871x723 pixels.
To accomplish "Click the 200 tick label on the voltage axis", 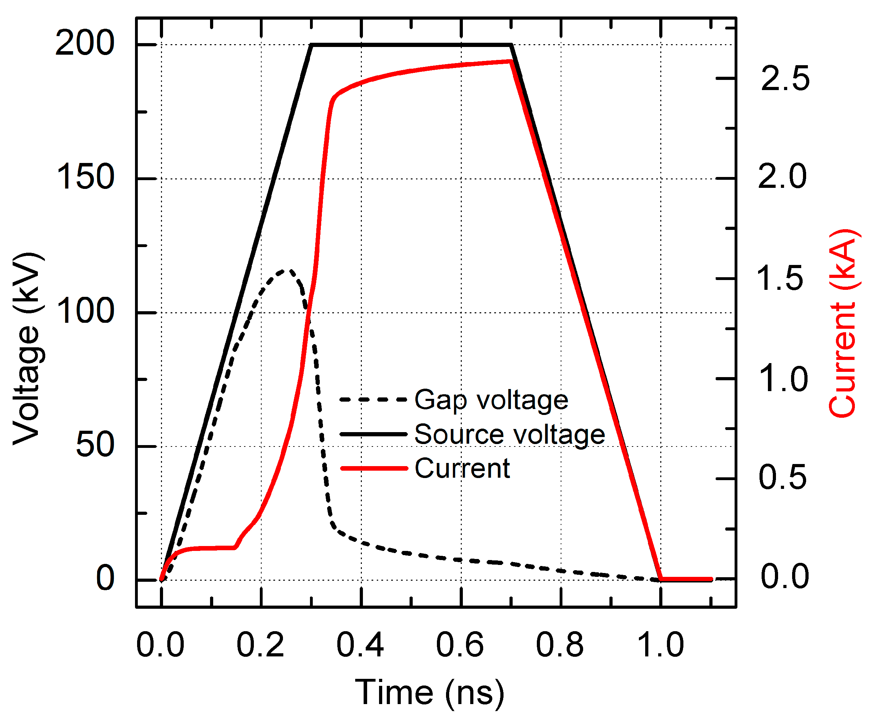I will tap(85, 43).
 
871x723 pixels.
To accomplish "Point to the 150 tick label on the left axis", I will tap(85, 177).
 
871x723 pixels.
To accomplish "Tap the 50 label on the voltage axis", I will tap(95, 445).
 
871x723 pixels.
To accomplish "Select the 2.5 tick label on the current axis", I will tap(785, 79).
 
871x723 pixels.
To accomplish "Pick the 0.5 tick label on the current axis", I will tap(783, 478).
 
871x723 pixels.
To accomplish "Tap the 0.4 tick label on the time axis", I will tap(360, 645).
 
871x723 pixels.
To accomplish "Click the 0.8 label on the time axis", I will tap(560, 645).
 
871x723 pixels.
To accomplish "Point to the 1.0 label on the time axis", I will tap(660, 645).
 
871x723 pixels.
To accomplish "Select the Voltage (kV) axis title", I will tap(27, 348).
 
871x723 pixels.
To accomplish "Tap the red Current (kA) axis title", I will tap(842, 323).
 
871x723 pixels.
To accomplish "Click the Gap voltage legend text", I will tap(491, 400).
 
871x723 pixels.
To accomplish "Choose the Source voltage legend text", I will tap(509, 435).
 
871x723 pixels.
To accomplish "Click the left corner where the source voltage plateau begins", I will tap(312, 45).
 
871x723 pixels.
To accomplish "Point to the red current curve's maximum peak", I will tap(509, 61).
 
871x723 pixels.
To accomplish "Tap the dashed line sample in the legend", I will tap(373, 400).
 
